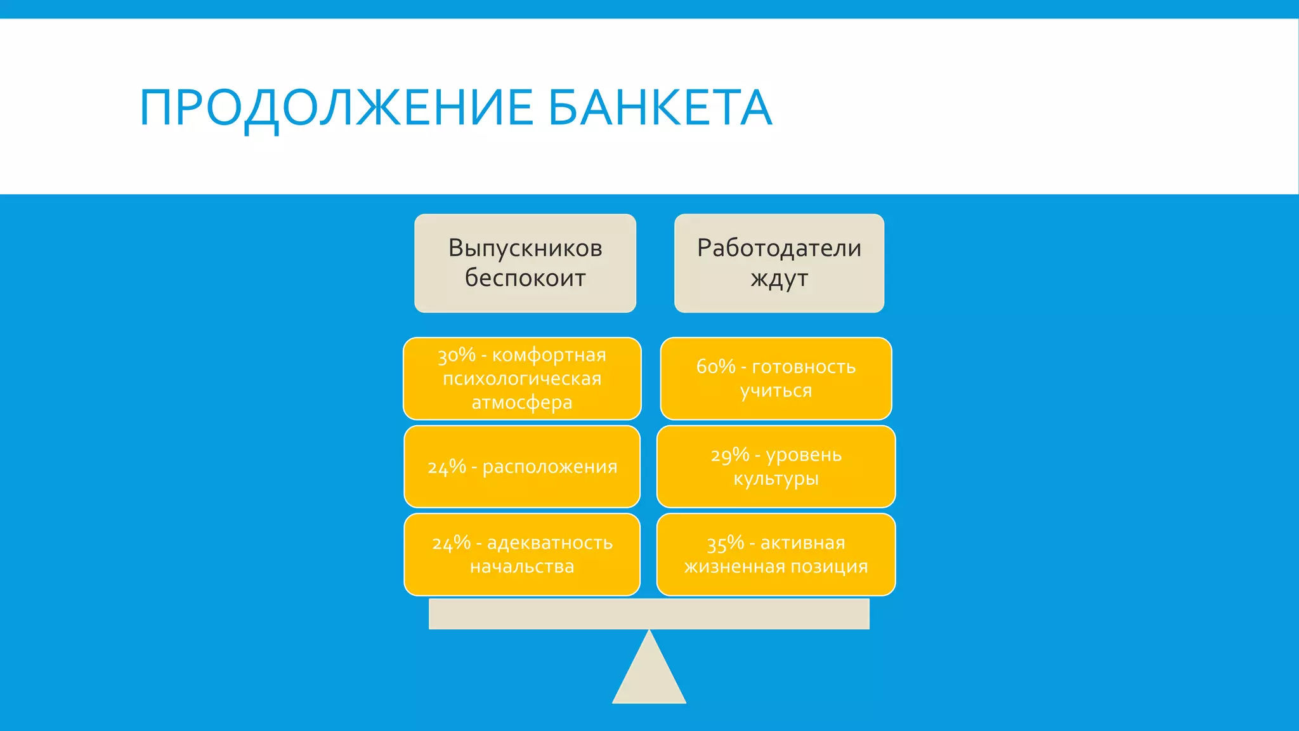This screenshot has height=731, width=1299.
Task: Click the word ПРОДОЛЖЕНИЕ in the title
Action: [336, 108]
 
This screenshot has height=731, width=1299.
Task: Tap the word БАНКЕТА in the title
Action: [660, 108]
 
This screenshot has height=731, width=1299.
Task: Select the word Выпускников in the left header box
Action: [525, 248]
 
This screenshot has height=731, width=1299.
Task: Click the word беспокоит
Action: [525, 278]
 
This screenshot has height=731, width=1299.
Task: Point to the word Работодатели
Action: [779, 248]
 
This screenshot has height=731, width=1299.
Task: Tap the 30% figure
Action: [457, 355]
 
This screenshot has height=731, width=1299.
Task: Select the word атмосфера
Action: [522, 402]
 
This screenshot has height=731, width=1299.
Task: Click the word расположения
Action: [550, 467]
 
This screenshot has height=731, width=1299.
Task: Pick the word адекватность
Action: [550, 543]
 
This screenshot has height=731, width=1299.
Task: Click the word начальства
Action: [522, 567]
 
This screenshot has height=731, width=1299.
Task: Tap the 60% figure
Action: [715, 367]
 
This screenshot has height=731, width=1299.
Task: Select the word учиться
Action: [776, 391]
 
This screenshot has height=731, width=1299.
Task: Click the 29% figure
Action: [730, 455]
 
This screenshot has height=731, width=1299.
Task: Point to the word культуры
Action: [776, 479]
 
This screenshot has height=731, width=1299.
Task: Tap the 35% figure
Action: [726, 543]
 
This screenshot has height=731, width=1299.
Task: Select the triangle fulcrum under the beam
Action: [649, 676]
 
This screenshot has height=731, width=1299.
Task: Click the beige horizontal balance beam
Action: [649, 614]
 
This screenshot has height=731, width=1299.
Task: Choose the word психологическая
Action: [522, 379]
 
